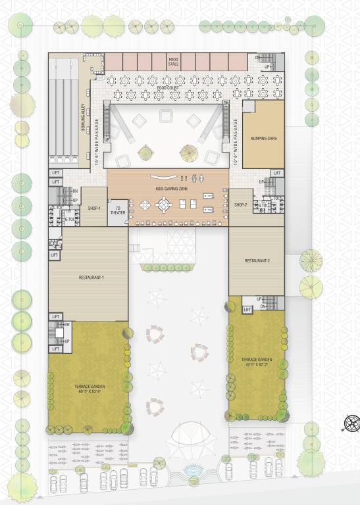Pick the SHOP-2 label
241,205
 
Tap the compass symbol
349,423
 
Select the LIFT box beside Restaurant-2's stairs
248,309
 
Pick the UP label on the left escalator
107,139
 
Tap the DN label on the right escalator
226,103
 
